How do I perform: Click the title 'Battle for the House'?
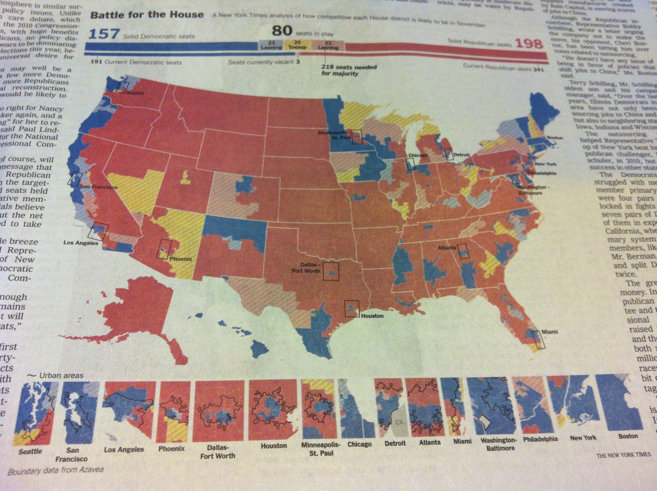coord(147,15)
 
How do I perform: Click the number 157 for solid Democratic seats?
coord(104,34)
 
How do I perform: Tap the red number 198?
coord(529,44)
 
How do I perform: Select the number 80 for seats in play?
coord(282,31)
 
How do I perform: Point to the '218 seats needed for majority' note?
coord(348,70)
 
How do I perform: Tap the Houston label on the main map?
coord(372,316)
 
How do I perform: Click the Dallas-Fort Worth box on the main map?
coord(331,271)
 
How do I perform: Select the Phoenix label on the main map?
coord(181,259)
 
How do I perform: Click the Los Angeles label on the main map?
coord(81,243)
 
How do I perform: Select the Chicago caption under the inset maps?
coord(359,444)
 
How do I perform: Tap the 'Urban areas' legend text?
coord(61,375)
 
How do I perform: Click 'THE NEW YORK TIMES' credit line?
coord(623,455)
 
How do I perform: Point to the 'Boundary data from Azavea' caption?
coord(56,470)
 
